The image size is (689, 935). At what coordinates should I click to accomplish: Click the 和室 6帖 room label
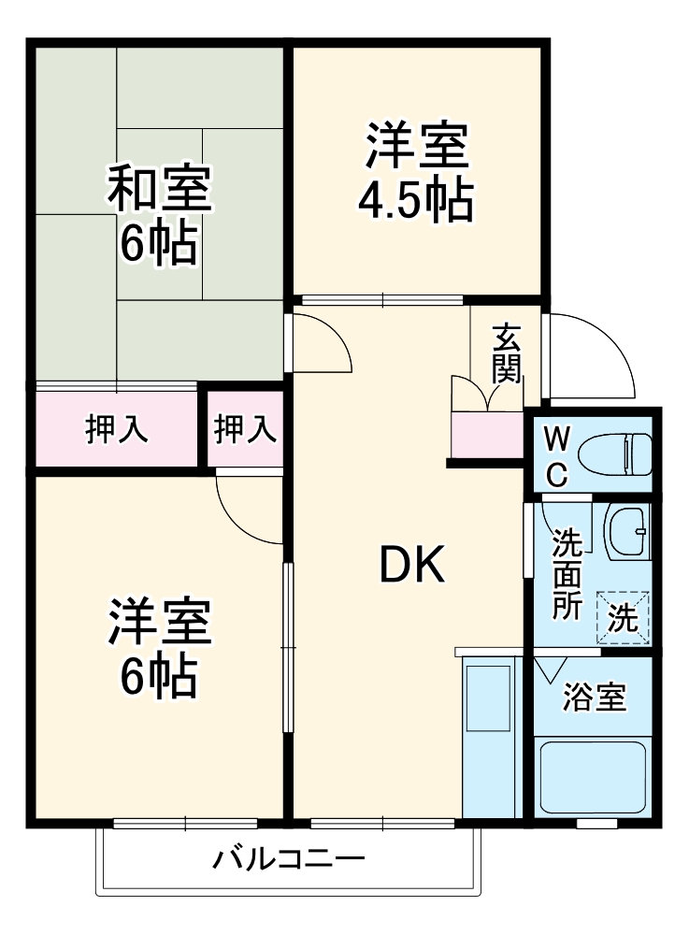point(158,214)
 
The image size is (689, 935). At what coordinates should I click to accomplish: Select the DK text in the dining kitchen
point(410,564)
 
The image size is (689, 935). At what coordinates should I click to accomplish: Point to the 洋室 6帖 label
point(158,647)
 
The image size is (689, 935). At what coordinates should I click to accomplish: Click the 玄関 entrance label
point(506,354)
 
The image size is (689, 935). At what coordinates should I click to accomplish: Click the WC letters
point(556,455)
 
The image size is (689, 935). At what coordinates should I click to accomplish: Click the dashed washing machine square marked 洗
point(622,618)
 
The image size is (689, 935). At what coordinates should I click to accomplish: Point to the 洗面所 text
point(566,574)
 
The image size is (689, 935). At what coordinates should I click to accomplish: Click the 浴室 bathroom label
point(594,698)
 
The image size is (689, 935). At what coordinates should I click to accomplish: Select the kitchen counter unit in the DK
point(489,738)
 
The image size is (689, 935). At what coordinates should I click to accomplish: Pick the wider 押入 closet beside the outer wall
point(116,430)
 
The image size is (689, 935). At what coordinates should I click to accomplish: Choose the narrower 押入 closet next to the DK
point(245,430)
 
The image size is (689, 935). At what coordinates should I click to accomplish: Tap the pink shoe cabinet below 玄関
point(487,434)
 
